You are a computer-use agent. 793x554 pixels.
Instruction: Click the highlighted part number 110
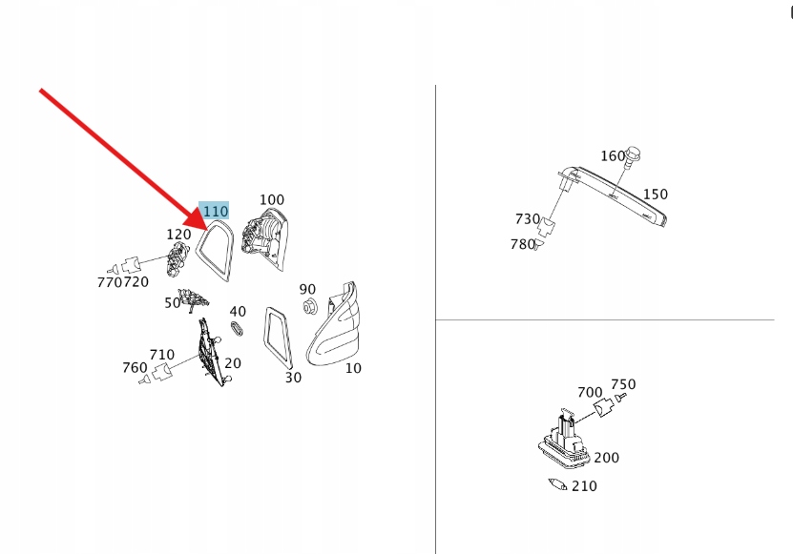216,211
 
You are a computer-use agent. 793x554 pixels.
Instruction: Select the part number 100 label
272,199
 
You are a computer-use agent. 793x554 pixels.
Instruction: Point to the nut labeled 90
308,306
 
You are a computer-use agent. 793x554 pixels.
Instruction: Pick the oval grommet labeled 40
237,328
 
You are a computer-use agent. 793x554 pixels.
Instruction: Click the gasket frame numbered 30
278,338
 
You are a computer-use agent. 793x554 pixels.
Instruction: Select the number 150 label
656,195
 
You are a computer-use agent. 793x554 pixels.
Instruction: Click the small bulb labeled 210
557,484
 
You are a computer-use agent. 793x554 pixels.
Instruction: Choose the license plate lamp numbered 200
564,441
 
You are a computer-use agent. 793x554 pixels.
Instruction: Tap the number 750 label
623,384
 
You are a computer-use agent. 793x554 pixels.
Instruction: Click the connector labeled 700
602,407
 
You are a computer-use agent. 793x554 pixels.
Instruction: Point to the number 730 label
528,219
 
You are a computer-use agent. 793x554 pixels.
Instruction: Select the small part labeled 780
538,245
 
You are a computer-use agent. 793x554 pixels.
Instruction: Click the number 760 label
135,367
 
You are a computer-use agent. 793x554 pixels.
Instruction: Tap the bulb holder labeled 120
177,258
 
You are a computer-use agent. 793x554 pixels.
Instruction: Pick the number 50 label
172,303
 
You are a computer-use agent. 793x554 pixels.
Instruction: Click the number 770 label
110,282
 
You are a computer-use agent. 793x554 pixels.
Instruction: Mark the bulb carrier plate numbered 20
212,352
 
